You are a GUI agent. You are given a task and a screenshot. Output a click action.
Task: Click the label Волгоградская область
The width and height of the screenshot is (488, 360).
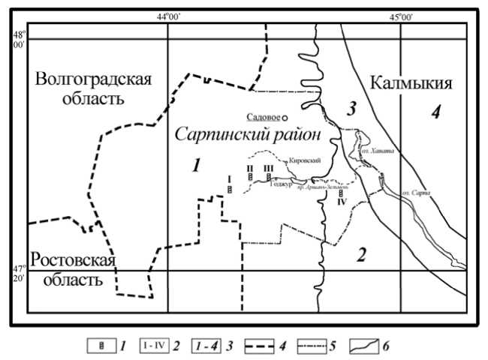pyautogui.click(x=92, y=88)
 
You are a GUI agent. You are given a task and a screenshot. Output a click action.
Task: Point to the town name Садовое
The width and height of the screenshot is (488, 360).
pyautogui.click(x=264, y=117)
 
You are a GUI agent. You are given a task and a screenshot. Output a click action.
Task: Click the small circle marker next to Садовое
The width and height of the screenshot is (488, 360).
pyautogui.click(x=286, y=117)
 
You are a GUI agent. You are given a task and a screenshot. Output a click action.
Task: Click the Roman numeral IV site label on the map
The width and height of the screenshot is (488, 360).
pyautogui.click(x=342, y=202)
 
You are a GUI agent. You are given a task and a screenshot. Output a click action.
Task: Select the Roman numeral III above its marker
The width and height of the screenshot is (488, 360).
pyautogui.click(x=268, y=169)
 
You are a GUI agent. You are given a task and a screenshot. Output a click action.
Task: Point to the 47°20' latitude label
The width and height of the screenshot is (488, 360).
pyautogui.click(x=18, y=273)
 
